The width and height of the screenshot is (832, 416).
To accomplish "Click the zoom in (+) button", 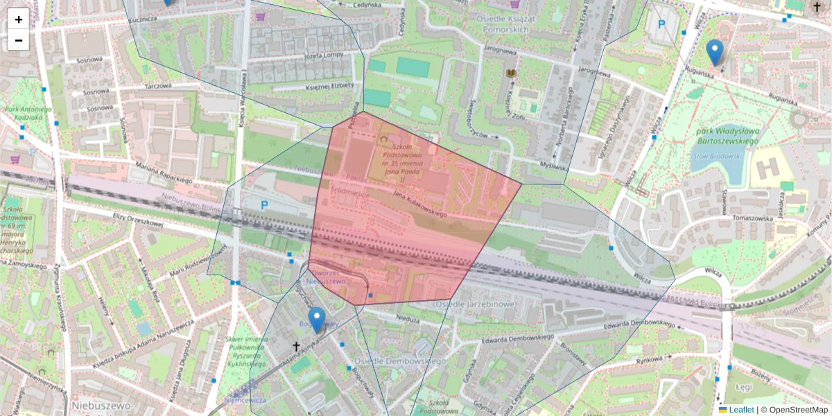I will coord(19,19).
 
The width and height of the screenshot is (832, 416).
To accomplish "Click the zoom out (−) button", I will coord(19,40).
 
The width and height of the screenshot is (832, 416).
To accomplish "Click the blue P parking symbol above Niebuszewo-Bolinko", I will coord(264,205).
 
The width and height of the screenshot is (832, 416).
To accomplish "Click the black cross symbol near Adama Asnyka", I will coord(296,346).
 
